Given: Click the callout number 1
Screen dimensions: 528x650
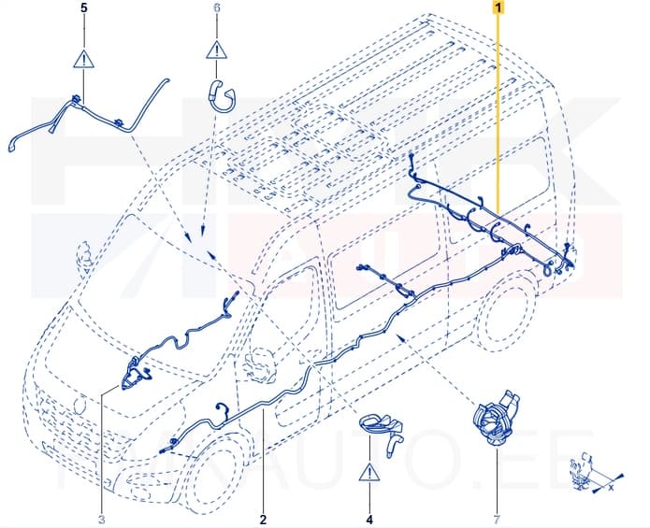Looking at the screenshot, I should (499, 7).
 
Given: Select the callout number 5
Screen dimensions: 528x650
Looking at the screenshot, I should (84, 7).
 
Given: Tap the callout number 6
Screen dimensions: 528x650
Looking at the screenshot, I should (217, 7).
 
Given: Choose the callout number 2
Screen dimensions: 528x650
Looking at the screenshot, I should (264, 519).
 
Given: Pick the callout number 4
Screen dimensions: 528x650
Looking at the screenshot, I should (369, 519).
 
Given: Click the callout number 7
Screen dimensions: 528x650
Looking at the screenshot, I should (497, 519).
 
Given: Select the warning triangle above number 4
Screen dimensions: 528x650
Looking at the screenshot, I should (369, 472).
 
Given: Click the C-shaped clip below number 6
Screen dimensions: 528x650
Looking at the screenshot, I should (221, 94).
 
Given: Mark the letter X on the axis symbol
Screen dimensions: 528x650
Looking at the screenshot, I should (610, 488).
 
